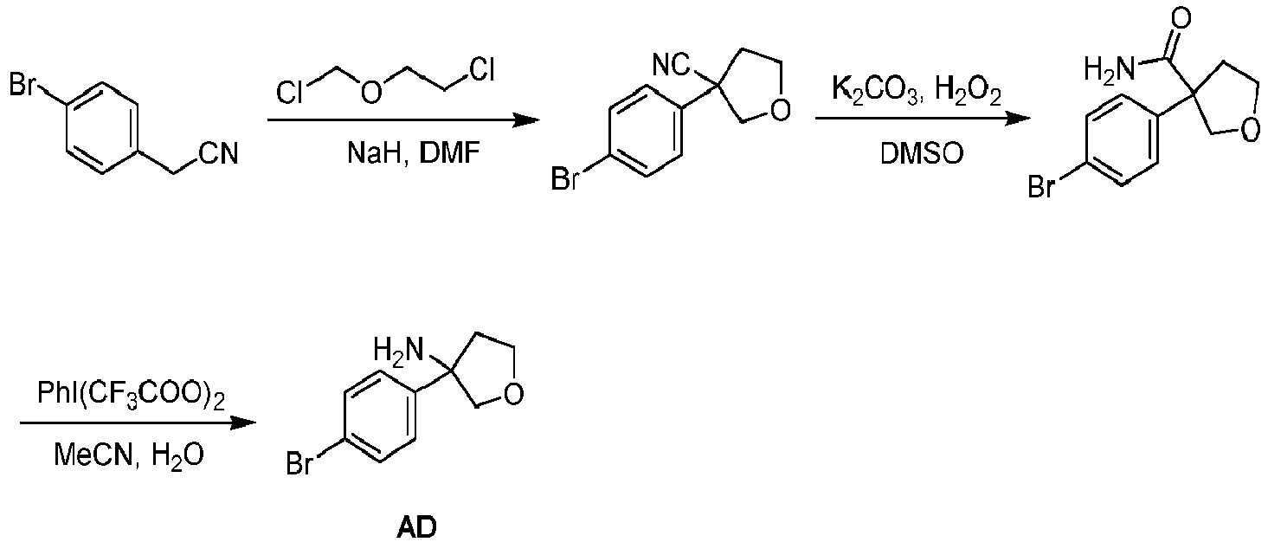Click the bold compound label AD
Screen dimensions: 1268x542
416,527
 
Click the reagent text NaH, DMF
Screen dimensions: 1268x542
413,153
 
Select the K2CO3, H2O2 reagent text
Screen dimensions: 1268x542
917,89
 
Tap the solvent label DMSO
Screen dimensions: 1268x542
922,153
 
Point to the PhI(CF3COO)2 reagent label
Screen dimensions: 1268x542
132,393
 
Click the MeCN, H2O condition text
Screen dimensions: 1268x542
128,455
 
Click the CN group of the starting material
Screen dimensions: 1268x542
218,153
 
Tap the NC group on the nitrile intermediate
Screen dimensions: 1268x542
671,65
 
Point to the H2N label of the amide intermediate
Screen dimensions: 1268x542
1110,69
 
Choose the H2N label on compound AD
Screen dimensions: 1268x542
398,350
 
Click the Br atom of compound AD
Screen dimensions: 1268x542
299,464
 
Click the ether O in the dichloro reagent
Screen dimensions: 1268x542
370,93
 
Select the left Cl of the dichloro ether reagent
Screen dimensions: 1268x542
289,93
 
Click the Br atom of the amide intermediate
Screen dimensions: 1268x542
1042,187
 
